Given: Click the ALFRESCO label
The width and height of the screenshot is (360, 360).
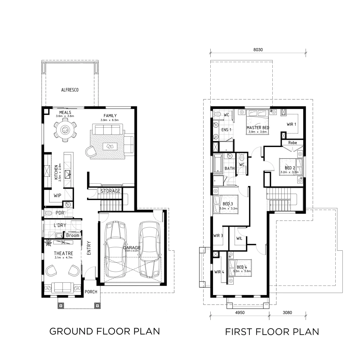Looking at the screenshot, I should click(70, 90).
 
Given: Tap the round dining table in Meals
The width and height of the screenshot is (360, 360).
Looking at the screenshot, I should click(65, 130).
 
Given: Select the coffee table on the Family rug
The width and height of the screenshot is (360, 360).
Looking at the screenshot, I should click(110, 146).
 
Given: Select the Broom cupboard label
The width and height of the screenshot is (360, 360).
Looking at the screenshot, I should click(73, 235).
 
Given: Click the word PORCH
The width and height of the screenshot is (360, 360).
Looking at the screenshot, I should click(91, 292).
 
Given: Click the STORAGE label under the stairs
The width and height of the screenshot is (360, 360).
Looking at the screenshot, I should click(110, 191).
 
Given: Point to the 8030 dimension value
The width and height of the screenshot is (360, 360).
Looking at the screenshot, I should click(258, 49).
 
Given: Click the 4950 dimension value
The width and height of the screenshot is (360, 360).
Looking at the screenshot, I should click(239, 313).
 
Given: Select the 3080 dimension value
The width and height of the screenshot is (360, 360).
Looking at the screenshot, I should click(287, 313).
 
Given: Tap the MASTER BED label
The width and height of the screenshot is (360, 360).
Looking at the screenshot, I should click(258, 128).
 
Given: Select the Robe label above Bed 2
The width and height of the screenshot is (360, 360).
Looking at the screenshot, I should click(292, 143).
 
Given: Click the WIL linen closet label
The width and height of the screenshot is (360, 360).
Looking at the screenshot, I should click(239, 239).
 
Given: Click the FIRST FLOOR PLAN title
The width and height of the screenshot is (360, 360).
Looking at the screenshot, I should click(272, 332).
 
